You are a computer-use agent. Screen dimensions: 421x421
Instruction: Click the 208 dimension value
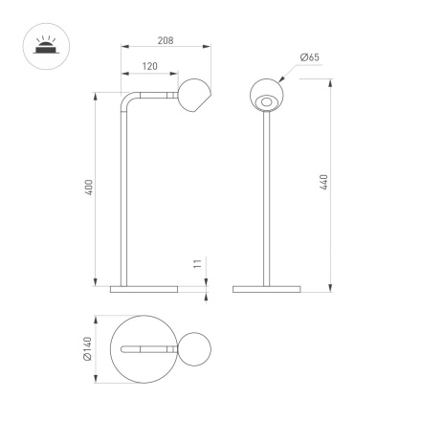165,41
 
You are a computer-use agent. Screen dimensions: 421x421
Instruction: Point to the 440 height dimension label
326,182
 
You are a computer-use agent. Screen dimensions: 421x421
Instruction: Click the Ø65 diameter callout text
308,58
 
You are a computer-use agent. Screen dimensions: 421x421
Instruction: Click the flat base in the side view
144,286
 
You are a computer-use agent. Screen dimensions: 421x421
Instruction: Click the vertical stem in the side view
121,201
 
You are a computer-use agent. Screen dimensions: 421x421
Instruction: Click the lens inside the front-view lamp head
266,100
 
